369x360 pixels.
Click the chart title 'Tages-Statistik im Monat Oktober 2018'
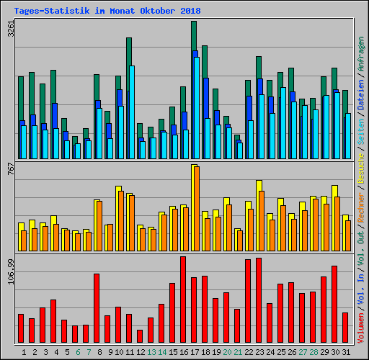click(107, 12)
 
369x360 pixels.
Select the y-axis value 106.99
click(10, 271)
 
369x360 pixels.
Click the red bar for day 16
click(183, 299)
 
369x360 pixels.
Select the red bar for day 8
click(97, 307)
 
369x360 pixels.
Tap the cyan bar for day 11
click(131, 112)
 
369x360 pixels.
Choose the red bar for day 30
click(334, 304)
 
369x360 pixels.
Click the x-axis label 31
click(345, 351)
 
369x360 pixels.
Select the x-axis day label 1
click(24, 351)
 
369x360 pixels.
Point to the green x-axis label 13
click(151, 351)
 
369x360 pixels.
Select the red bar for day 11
click(129, 328)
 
